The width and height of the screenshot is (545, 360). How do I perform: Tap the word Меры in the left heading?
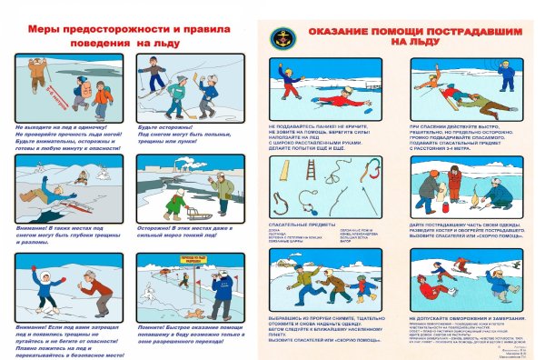point(43,29)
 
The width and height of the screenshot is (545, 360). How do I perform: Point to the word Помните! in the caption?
point(152,324)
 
